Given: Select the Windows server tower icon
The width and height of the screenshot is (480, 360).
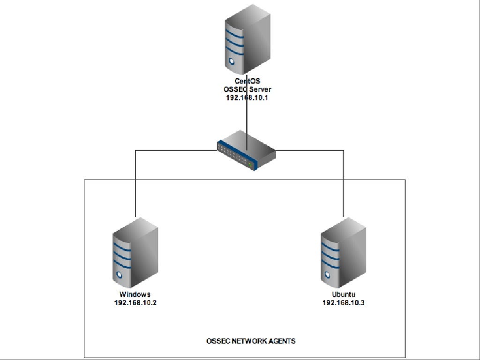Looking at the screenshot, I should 135,253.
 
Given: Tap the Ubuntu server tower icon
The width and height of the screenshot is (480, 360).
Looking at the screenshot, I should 343,253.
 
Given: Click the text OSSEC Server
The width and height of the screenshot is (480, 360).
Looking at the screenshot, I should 247,90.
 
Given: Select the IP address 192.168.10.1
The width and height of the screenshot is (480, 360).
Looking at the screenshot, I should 247,98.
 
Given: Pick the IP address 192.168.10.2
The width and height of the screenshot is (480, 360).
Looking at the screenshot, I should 135,302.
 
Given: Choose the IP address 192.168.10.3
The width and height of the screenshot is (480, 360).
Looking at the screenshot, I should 343,302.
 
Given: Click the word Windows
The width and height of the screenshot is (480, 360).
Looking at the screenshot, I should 135,294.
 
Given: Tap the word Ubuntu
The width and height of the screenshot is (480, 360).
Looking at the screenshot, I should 343,294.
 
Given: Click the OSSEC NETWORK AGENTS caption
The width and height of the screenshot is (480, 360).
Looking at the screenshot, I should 251,341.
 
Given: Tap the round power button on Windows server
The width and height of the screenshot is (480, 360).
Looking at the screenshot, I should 119,275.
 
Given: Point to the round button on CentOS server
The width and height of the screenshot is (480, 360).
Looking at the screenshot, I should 231,61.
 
